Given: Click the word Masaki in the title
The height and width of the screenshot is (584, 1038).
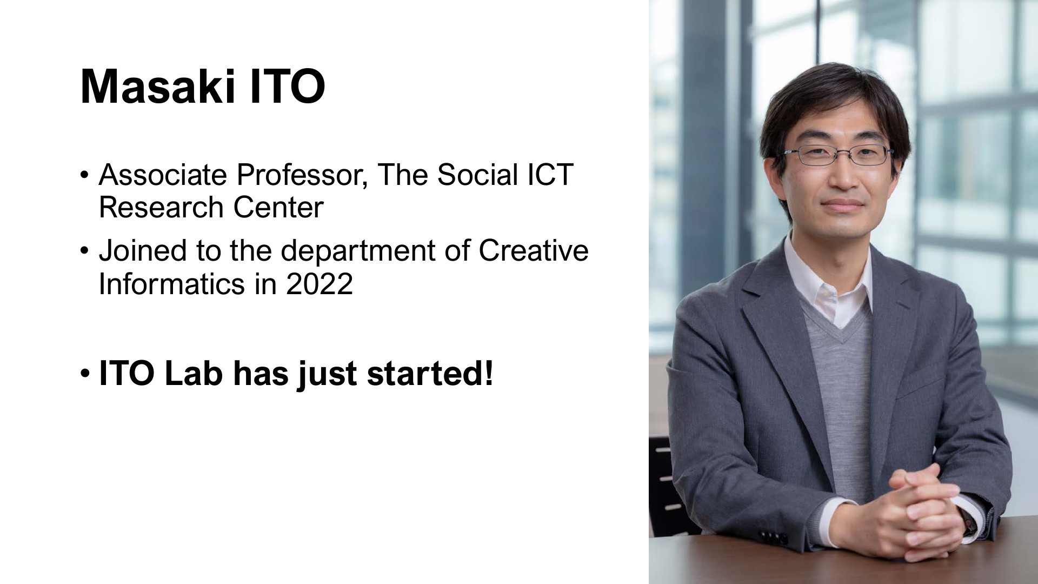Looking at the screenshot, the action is pyautogui.click(x=157, y=87).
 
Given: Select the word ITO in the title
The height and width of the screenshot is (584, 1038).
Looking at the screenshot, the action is pyautogui.click(x=287, y=87).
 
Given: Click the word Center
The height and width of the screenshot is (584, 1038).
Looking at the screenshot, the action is pyautogui.click(x=278, y=208).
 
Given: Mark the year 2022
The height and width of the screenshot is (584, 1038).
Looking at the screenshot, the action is pyautogui.click(x=320, y=284).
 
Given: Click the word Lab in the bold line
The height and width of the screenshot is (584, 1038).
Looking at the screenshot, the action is pyautogui.click(x=193, y=374).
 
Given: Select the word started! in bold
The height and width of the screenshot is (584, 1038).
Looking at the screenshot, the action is pyautogui.click(x=430, y=374).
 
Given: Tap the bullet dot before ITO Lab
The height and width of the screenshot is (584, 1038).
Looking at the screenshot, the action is pyautogui.click(x=85, y=374).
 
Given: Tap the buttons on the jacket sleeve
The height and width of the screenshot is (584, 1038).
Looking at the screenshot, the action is pyautogui.click(x=773, y=538).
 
